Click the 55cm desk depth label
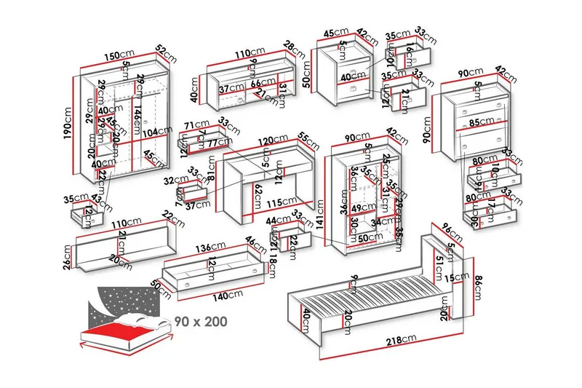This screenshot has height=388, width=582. pyautogui.click(x=308, y=141)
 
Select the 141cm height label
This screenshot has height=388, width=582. pyautogui.click(x=319, y=216)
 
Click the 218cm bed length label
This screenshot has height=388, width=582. pyautogui.click(x=397, y=338)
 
